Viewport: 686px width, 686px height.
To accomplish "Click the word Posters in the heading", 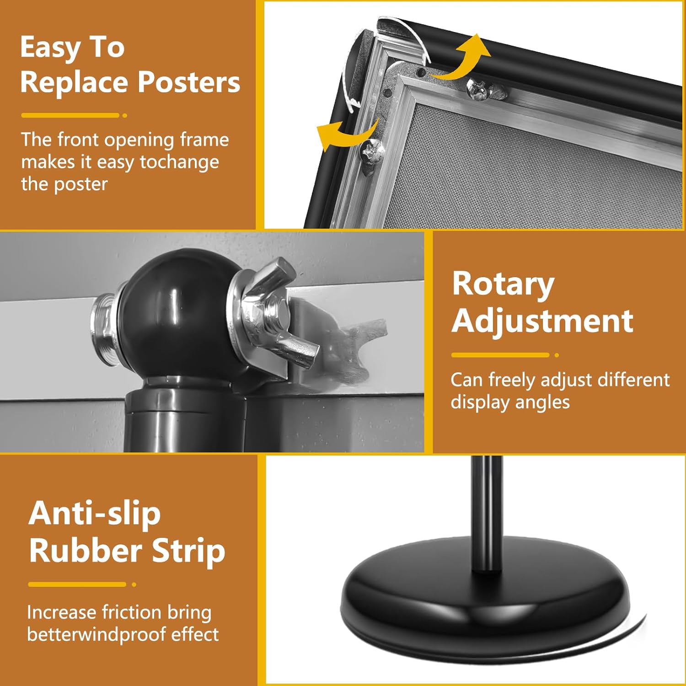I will point(188,82).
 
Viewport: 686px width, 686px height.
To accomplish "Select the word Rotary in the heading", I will point(503,284).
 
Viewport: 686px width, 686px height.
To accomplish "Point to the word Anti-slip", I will point(95,513).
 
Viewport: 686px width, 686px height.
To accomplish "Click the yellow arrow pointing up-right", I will point(462,59).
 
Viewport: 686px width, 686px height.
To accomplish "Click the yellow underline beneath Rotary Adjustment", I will point(500,355).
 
